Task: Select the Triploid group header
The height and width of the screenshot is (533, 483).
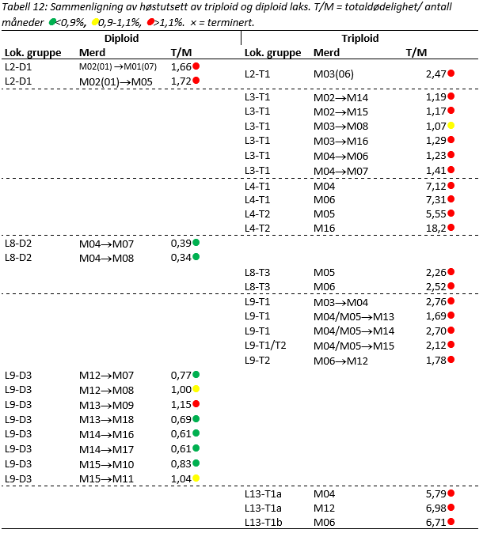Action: [x=359, y=38]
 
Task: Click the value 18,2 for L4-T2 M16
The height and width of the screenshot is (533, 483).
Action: [x=435, y=228]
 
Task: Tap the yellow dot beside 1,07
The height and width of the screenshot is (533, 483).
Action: [x=451, y=126]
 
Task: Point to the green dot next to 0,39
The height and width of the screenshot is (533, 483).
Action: [x=196, y=242]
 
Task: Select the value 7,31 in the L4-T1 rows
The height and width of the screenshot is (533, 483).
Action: [x=435, y=199]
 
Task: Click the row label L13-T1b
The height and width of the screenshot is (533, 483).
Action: [x=266, y=522]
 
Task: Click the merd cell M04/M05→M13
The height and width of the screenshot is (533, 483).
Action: [x=354, y=316]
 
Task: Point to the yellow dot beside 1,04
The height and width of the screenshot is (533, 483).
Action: [x=196, y=478]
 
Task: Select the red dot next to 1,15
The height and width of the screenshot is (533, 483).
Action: [x=196, y=404]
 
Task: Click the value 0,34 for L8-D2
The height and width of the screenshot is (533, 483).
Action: [x=181, y=257]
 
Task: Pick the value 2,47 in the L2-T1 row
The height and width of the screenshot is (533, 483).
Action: [x=435, y=74]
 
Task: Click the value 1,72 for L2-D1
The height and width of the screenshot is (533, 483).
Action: [x=181, y=81]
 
